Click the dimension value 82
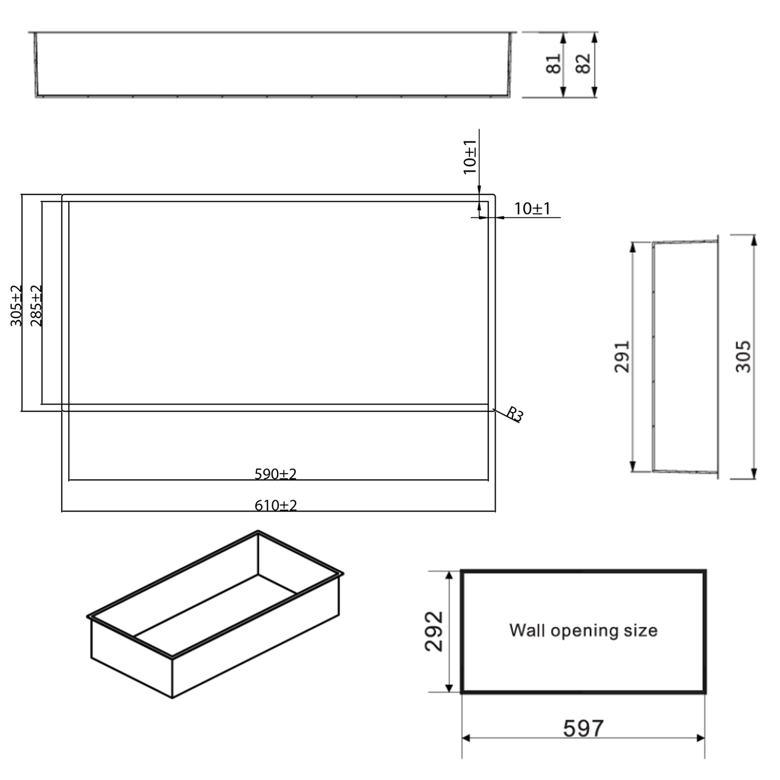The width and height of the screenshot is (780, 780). tap(584, 63)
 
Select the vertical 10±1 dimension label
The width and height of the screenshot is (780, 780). tap(470, 157)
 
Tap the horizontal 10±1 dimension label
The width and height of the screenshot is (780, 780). tap(532, 209)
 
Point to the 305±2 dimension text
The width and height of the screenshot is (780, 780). tap(17, 306)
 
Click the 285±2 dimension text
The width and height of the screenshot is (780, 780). tap(36, 306)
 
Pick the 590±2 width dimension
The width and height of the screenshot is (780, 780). tap(275, 474)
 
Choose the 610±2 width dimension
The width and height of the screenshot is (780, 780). tap(276, 505)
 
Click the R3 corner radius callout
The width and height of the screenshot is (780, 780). tap(514, 414)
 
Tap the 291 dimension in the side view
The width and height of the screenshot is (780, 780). tap(622, 356)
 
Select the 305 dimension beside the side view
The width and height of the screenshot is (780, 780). tap(744, 356)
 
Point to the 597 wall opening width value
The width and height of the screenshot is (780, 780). tap(583, 729)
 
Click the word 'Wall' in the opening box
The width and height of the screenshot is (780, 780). tap(527, 630)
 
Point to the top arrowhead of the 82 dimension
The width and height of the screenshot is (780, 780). tap(594, 36)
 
